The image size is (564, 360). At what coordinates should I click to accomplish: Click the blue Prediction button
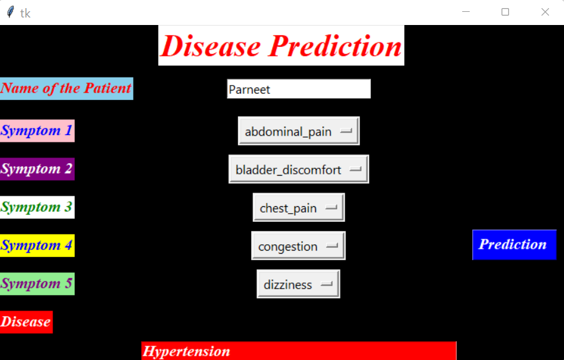513,244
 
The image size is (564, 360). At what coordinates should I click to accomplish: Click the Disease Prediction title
281,46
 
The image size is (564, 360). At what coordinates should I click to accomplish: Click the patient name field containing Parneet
299,89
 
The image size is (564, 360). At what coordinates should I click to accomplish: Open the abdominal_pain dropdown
299,131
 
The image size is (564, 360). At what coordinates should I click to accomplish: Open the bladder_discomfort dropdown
299,169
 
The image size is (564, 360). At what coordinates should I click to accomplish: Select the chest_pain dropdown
299,207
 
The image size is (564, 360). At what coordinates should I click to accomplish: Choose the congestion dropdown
299,246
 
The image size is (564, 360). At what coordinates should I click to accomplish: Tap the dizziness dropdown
299,284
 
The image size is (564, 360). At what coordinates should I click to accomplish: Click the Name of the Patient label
66,88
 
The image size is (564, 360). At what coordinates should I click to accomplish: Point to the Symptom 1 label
37,131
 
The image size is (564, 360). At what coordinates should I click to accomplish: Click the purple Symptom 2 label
37,169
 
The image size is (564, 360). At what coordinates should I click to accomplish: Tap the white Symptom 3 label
37,207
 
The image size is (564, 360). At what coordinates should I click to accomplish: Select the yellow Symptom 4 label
37,245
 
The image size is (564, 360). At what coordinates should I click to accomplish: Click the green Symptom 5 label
37,284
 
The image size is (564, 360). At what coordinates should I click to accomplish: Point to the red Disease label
26,322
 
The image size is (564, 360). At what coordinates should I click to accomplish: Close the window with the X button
545,12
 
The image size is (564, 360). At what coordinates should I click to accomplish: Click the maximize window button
505,12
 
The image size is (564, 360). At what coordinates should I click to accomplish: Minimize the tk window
466,12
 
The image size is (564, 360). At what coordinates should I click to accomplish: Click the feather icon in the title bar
10,12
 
